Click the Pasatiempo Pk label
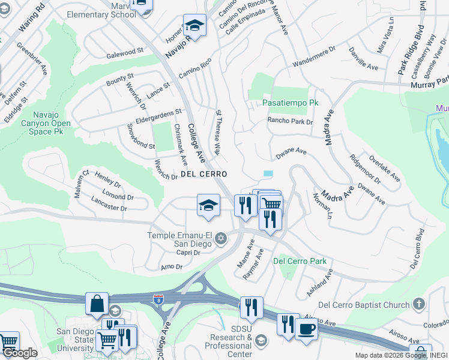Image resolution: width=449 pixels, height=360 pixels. (x=291, y=103)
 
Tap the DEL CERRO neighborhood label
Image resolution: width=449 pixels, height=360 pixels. (x=203, y=174)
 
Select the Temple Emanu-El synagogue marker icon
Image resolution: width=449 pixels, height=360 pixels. (x=220, y=239)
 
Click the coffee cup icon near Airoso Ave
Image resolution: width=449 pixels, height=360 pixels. (x=306, y=329)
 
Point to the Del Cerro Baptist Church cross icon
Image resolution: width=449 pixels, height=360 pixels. (x=418, y=304)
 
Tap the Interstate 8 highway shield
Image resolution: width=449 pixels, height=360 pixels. (x=158, y=298)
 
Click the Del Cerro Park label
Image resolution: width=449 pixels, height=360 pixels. (x=300, y=261)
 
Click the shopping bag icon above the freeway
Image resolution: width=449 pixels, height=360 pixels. (x=97, y=304)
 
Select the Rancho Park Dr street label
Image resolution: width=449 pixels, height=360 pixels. (x=291, y=121)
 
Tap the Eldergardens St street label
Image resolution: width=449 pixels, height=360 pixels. (x=158, y=113)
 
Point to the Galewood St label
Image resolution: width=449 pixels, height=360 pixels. (x=126, y=53)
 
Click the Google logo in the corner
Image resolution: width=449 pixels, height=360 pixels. (x=20, y=353)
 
